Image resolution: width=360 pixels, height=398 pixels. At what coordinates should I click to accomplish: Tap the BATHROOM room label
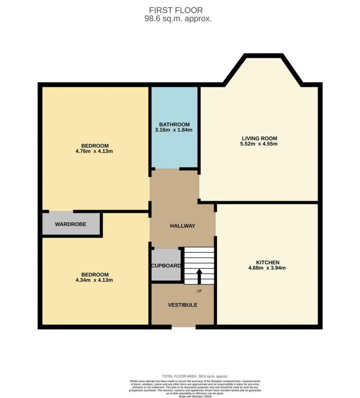pyautogui.click(x=174, y=124)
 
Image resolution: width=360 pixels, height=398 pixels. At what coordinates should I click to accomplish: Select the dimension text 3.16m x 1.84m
pyautogui.click(x=174, y=130)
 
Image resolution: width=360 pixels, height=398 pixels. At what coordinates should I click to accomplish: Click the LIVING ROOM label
pyautogui.click(x=259, y=138)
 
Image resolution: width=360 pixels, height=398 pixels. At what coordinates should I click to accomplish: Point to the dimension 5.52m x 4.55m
pyautogui.click(x=259, y=144)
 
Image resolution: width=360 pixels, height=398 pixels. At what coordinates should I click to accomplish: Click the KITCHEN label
pyautogui.click(x=268, y=262)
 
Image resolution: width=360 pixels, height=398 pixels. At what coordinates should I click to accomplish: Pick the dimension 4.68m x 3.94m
pyautogui.click(x=267, y=268)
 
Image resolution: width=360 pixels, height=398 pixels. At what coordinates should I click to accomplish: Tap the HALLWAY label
pyautogui.click(x=183, y=226)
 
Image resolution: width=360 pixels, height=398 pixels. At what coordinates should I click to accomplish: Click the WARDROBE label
pyautogui.click(x=71, y=224)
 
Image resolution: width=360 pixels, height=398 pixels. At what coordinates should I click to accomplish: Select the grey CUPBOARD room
pyautogui.click(x=166, y=265)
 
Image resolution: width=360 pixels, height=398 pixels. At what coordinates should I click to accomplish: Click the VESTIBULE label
pyautogui.click(x=183, y=305)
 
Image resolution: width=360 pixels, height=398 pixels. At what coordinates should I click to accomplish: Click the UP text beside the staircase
pyautogui.click(x=199, y=291)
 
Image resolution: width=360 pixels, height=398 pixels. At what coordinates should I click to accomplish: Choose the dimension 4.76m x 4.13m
pyautogui.click(x=95, y=151)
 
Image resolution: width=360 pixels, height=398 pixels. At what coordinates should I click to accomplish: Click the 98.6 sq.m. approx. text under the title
pyautogui.click(x=178, y=19)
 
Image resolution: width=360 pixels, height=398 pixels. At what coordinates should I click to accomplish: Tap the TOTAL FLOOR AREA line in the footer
pyautogui.click(x=195, y=376)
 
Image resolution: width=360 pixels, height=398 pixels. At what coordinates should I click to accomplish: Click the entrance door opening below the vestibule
pyautogui.click(x=183, y=326)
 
